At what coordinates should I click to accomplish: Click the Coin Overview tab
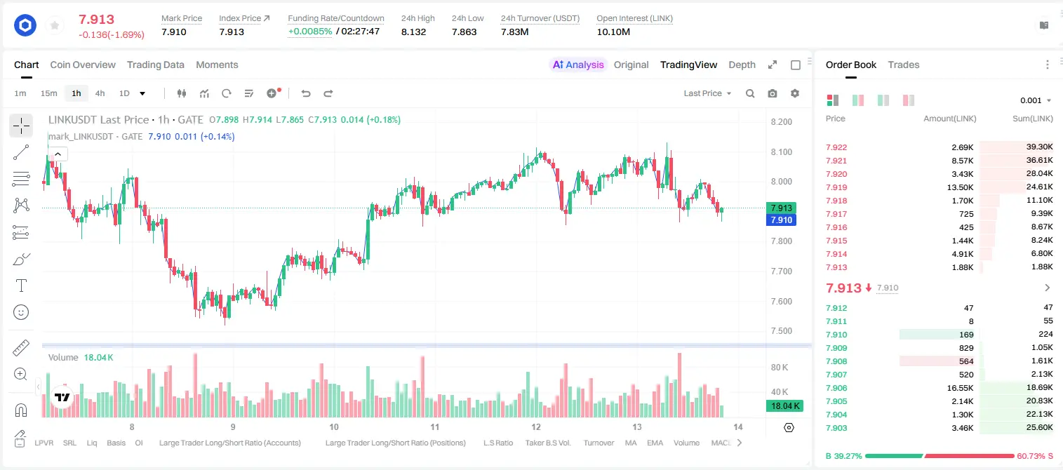click(x=83, y=65)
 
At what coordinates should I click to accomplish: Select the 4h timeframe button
click(x=100, y=93)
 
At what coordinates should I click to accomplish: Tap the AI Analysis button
click(x=578, y=65)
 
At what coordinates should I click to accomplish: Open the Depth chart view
click(x=742, y=65)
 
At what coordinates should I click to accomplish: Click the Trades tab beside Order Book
click(x=904, y=65)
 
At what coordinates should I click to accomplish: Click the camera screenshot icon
click(x=773, y=93)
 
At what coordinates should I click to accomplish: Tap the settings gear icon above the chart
click(x=795, y=93)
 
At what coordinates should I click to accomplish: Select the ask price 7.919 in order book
click(x=836, y=187)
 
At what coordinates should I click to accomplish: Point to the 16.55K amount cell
click(x=960, y=388)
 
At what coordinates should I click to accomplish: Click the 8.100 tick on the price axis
click(x=781, y=152)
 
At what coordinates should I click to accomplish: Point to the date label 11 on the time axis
click(x=435, y=427)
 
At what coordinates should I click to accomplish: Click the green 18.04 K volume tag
click(x=784, y=406)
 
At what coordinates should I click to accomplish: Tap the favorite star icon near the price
click(x=55, y=25)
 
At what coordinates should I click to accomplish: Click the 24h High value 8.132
click(x=413, y=32)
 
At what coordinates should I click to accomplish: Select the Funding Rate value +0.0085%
click(x=310, y=32)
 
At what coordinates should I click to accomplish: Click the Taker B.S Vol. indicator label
click(x=547, y=443)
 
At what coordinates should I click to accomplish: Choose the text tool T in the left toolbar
click(x=21, y=286)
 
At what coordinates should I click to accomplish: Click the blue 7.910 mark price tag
click(x=781, y=220)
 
